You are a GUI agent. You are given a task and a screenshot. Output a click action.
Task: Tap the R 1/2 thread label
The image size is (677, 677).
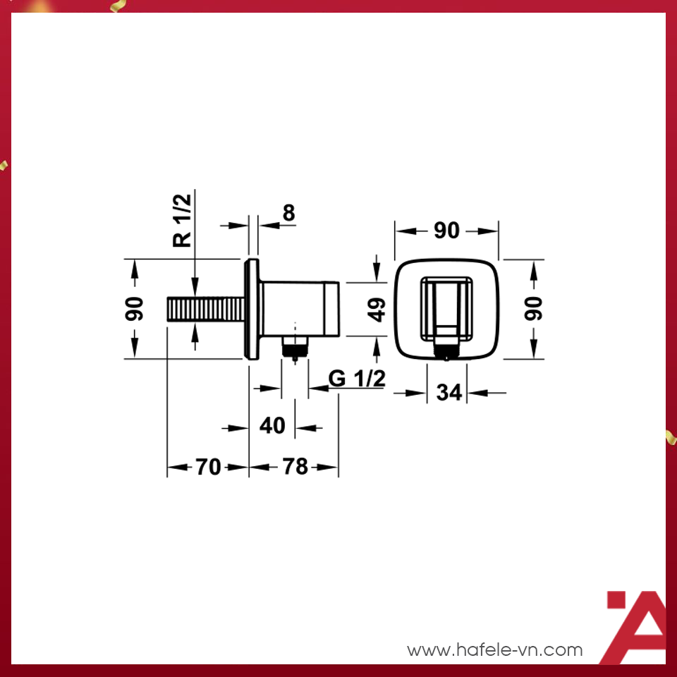182,220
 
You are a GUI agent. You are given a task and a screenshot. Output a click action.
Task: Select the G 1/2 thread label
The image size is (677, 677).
357,379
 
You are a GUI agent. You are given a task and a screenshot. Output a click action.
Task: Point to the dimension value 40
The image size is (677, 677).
272,426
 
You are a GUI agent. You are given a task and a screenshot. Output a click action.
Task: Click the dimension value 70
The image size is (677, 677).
208,466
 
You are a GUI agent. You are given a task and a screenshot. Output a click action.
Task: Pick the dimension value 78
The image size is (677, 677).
295,466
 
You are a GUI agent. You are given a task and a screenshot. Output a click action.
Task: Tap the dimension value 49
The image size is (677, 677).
378,309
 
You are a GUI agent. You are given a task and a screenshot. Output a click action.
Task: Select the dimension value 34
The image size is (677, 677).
449,392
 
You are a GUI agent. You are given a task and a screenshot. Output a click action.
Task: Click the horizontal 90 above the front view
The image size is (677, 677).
446,231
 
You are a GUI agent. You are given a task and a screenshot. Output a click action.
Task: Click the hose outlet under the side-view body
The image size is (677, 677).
295,346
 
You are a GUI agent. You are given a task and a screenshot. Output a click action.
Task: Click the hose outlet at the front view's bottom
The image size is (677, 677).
446,348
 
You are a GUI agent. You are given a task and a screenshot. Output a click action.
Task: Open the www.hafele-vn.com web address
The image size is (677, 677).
495,649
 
